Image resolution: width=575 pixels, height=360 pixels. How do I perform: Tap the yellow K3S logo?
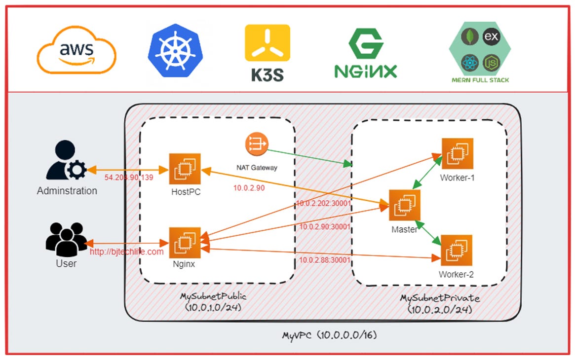pyautogui.click(x=268, y=53)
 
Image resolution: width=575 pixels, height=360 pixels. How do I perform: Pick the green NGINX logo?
pyautogui.click(x=365, y=53)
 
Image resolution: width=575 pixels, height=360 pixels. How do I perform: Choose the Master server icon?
pyautogui.click(x=404, y=205)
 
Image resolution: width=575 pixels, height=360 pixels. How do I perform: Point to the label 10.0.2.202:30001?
pyautogui.click(x=323, y=203)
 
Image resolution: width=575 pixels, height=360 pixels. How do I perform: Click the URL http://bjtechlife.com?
pyautogui.click(x=126, y=252)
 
